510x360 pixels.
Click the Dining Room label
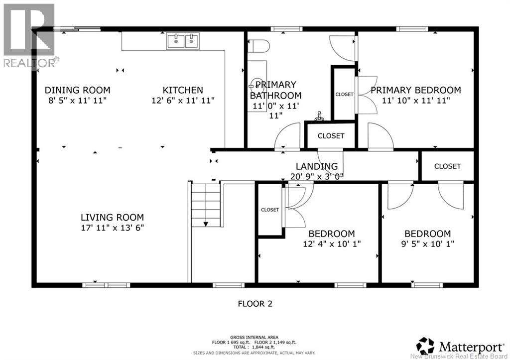tap(77, 90)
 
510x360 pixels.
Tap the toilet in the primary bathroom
tap(259, 46)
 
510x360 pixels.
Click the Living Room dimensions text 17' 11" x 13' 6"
tap(113, 228)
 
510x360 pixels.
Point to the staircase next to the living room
tap(206, 204)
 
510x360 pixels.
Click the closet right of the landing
tap(447, 166)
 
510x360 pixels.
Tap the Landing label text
tap(317, 166)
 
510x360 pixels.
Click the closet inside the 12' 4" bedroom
tap(270, 210)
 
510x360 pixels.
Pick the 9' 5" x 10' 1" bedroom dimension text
tap(427, 244)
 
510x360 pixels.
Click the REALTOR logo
tap(28, 35)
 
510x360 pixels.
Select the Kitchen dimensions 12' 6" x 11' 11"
tap(183, 100)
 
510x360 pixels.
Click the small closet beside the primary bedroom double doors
tap(344, 94)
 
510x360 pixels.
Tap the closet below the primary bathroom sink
tap(331, 135)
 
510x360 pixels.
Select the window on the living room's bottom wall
tap(106, 285)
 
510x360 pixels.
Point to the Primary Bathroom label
tap(275, 90)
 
